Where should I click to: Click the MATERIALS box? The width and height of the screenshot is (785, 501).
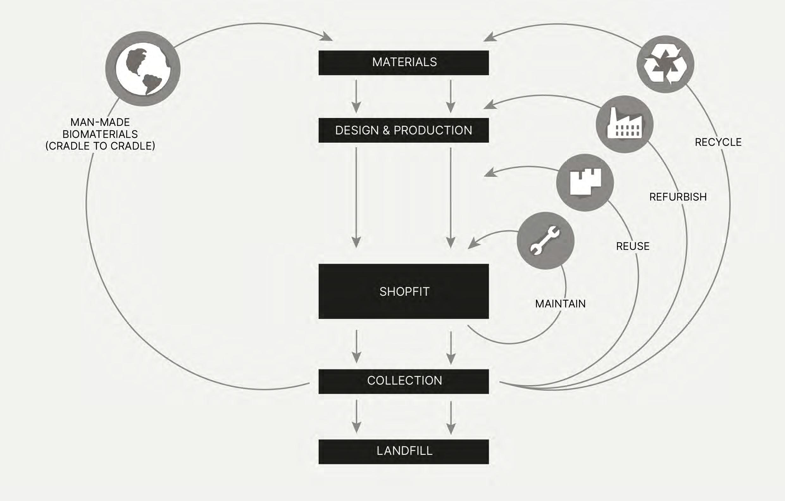(404, 63)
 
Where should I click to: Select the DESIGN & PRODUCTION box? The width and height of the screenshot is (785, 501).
(404, 130)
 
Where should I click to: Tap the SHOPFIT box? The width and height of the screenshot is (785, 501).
(404, 291)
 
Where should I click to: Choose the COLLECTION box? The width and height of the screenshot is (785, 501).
(404, 381)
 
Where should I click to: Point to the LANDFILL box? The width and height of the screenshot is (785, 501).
(404, 451)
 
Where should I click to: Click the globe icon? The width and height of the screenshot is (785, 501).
(143, 68)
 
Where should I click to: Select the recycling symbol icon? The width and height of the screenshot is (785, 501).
(665, 64)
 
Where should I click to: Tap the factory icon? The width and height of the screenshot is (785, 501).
(624, 124)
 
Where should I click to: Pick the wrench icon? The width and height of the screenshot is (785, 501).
(545, 241)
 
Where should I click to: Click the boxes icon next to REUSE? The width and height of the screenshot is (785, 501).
(585, 182)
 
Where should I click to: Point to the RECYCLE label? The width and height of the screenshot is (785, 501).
(718, 142)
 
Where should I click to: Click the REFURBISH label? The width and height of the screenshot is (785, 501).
(678, 197)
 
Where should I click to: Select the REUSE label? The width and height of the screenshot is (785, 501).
(633, 246)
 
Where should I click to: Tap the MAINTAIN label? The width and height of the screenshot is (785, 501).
(560, 304)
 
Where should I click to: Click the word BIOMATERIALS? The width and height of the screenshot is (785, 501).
(100, 134)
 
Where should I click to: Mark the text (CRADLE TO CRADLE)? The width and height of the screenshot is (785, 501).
(100, 146)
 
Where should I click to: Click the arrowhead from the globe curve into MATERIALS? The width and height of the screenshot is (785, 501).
(326, 37)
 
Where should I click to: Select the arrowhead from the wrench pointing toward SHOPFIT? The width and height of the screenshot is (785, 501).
(474, 244)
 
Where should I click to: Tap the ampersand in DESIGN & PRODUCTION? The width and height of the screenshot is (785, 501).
(386, 130)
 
